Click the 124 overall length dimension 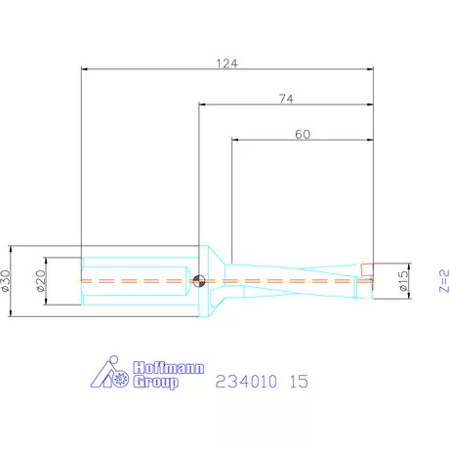pos(227,62)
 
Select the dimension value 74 pos(286,98)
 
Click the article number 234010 pos(244,382)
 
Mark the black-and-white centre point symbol pos(199,281)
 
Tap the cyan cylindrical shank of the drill pos(137,280)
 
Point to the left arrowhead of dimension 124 pos(85,69)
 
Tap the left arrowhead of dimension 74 pos(202,104)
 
